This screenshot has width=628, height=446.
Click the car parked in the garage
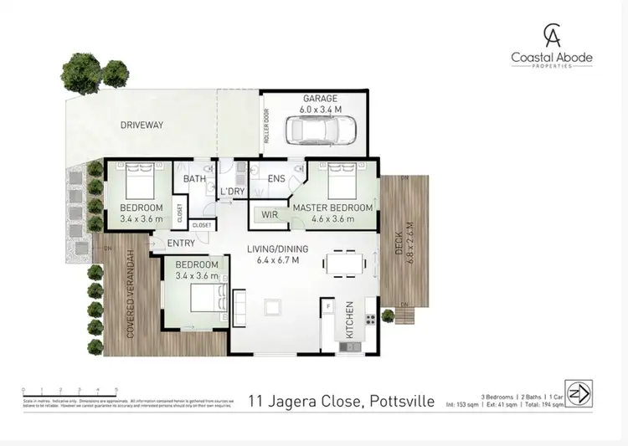pyautogui.click(x=321, y=130)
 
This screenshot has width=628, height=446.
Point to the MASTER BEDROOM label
pyautogui.click(x=332, y=207)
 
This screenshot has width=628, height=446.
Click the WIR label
pyautogui.click(x=270, y=216)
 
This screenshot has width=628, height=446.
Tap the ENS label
pyautogui.click(x=277, y=179)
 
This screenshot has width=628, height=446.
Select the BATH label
pyautogui.click(x=194, y=179)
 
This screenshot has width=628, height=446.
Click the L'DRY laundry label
pyautogui.click(x=232, y=192)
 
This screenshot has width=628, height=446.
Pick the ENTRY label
pyautogui.click(x=181, y=244)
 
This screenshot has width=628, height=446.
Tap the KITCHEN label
pyautogui.click(x=350, y=320)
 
